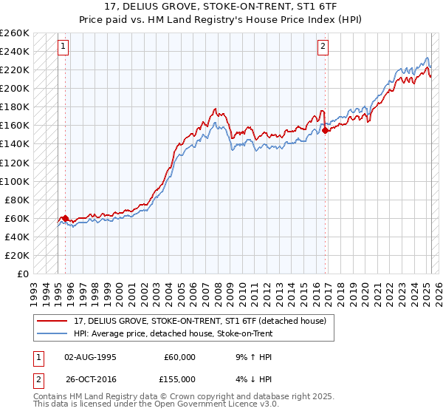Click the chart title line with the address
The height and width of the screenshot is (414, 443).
pyautogui.click(x=221, y=5)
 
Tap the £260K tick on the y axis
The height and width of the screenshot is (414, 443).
pyautogui.click(x=15, y=33)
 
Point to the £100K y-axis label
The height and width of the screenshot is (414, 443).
pyautogui.click(x=15, y=181)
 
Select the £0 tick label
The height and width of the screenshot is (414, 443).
pyautogui.click(x=23, y=274)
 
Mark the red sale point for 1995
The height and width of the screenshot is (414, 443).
pyautogui.click(x=65, y=218)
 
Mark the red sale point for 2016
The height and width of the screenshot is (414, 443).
pyautogui.click(x=326, y=131)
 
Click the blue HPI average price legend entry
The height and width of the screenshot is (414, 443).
pyautogui.click(x=174, y=333)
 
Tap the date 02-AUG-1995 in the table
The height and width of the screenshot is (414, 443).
pyautogui.click(x=91, y=357)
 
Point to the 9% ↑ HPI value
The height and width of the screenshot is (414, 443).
pyautogui.click(x=250, y=357)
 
